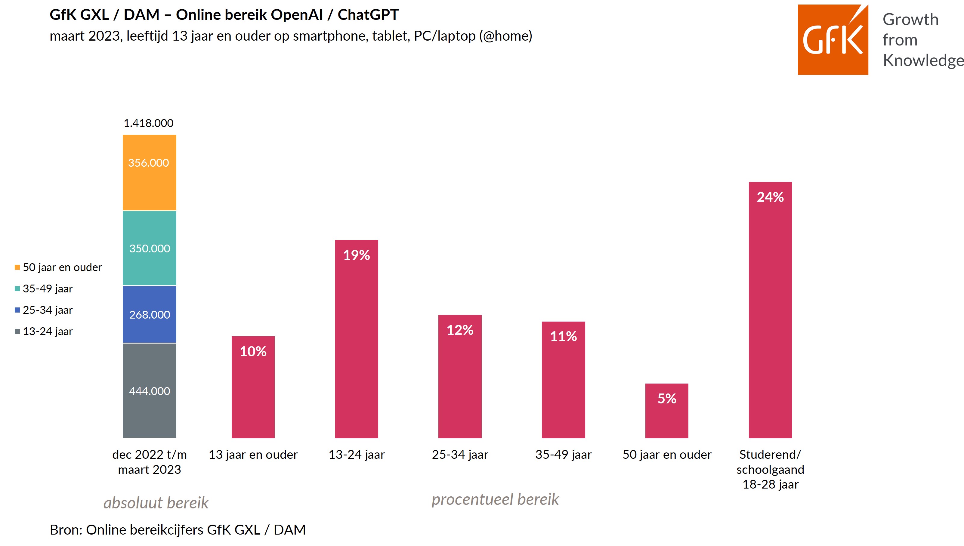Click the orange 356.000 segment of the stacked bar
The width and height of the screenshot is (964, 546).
coord(149,172)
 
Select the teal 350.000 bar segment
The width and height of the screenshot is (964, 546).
coord(149,248)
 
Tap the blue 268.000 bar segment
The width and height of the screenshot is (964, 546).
coord(149,314)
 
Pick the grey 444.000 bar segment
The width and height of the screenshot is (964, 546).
coord(149,390)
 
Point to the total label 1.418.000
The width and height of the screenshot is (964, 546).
coord(148,123)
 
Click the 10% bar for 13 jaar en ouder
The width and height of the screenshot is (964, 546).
coord(253,387)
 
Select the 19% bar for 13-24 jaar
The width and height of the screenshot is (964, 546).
coord(357,339)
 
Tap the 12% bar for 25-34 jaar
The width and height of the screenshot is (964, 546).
coord(460,377)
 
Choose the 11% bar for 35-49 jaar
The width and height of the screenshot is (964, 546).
coord(564,380)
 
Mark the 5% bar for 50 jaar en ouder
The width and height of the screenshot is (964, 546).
coord(667,411)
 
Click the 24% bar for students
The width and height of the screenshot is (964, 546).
coord(770,310)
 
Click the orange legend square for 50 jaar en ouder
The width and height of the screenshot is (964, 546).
coord(17,267)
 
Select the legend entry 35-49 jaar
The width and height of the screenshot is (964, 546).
coord(44,289)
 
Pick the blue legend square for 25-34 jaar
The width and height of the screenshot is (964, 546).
coord(17,310)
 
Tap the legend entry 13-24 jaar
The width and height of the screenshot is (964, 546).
coord(44,332)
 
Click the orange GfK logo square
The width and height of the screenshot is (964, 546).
coord(833,40)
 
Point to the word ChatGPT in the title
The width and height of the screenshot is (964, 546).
coord(368,15)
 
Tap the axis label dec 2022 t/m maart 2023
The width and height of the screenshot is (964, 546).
coord(149,462)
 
